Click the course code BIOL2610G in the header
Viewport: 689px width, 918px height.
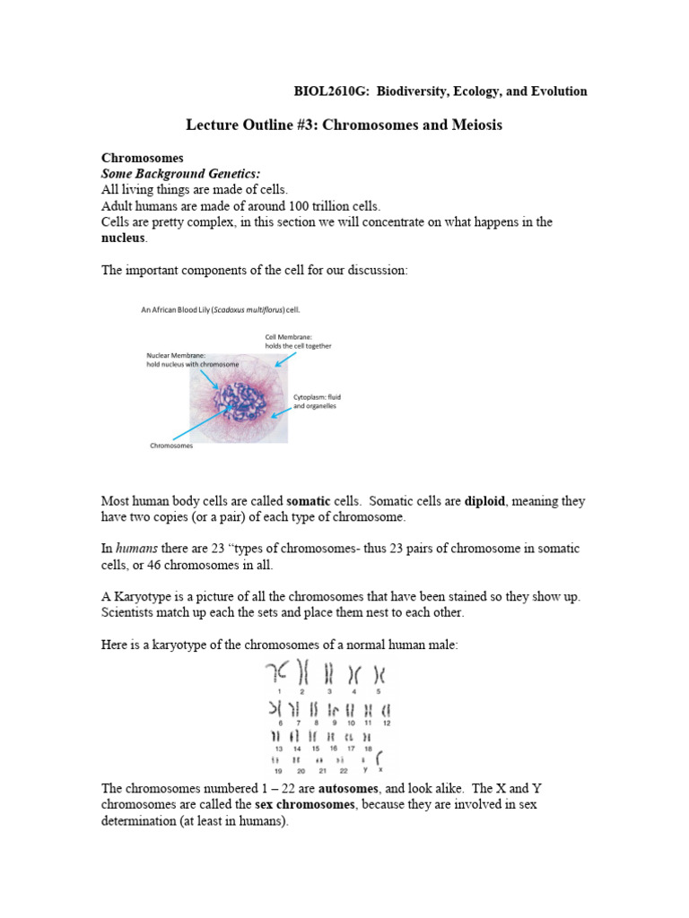click(x=332, y=91)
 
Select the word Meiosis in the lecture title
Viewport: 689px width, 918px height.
click(x=470, y=126)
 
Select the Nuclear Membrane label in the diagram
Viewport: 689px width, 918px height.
click(x=184, y=356)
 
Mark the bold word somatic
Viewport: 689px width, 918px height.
click(x=308, y=501)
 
